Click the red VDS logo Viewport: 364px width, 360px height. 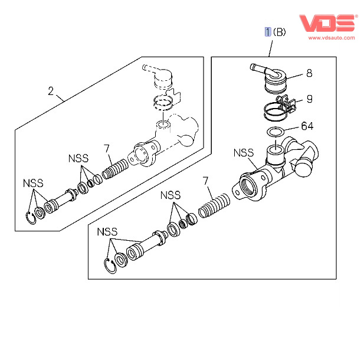coord(327,22)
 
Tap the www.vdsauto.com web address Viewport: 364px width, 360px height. coord(330,38)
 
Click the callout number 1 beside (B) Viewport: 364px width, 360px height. coord(268,32)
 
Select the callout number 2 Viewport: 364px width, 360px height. coord(51,91)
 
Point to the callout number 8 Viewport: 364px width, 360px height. coord(309,74)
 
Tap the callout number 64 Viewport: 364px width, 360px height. coord(307,126)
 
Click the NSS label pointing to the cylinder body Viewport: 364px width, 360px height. coord(242,153)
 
